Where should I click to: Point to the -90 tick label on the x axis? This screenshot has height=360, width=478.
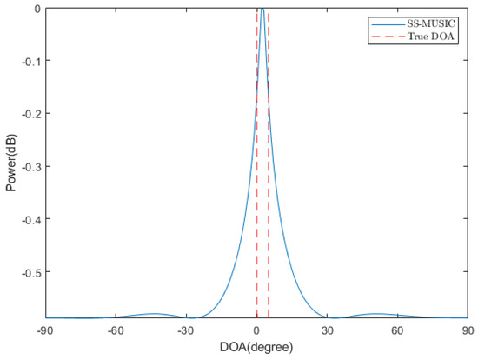click(46, 331)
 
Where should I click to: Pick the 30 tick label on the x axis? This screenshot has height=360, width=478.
click(327, 331)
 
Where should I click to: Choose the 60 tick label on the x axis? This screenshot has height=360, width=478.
click(397, 331)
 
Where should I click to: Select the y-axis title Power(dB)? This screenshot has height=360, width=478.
click(9, 163)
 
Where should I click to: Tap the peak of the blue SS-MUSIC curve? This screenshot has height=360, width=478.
click(261, 10)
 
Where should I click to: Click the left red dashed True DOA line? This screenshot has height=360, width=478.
click(257, 174)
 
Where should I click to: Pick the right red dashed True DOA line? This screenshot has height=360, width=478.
click(269, 174)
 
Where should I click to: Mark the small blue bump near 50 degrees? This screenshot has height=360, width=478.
click(375, 313)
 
